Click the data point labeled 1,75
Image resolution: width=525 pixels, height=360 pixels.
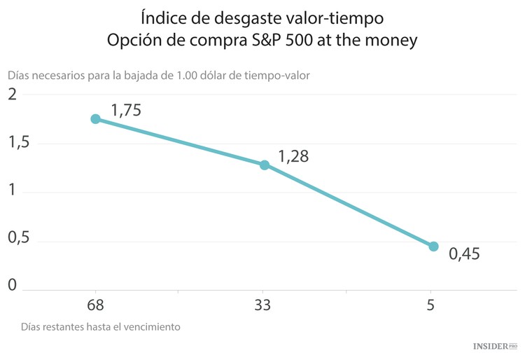coord(95,119)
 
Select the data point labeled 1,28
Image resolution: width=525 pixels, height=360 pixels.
coord(265,165)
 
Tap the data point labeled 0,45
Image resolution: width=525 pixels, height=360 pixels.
coord(433,247)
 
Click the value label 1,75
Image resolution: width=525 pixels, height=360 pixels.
coord(127,110)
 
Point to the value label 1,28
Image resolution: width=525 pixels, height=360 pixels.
coord(293,156)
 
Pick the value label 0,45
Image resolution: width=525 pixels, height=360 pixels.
coord(464,254)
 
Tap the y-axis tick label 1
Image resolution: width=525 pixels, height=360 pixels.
coord(11,192)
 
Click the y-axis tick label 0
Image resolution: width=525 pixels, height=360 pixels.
coord(11,285)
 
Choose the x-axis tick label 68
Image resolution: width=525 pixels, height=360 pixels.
coord(95,305)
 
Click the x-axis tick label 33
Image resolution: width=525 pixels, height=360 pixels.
coord(262,305)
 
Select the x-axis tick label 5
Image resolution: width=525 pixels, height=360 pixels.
coord(430,305)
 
